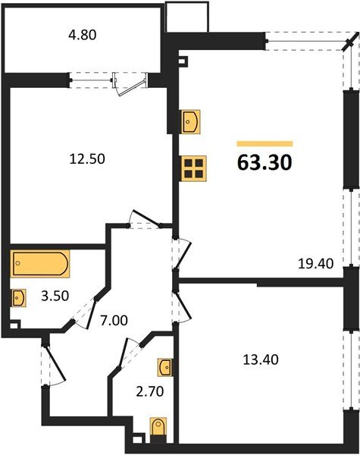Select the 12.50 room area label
pyautogui.click(x=86, y=159)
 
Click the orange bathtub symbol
pyautogui.click(x=40, y=265)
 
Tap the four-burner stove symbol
pyautogui.click(x=193, y=168)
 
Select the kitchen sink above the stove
pyautogui.click(x=190, y=121)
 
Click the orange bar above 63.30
pyautogui.click(x=265, y=143)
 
